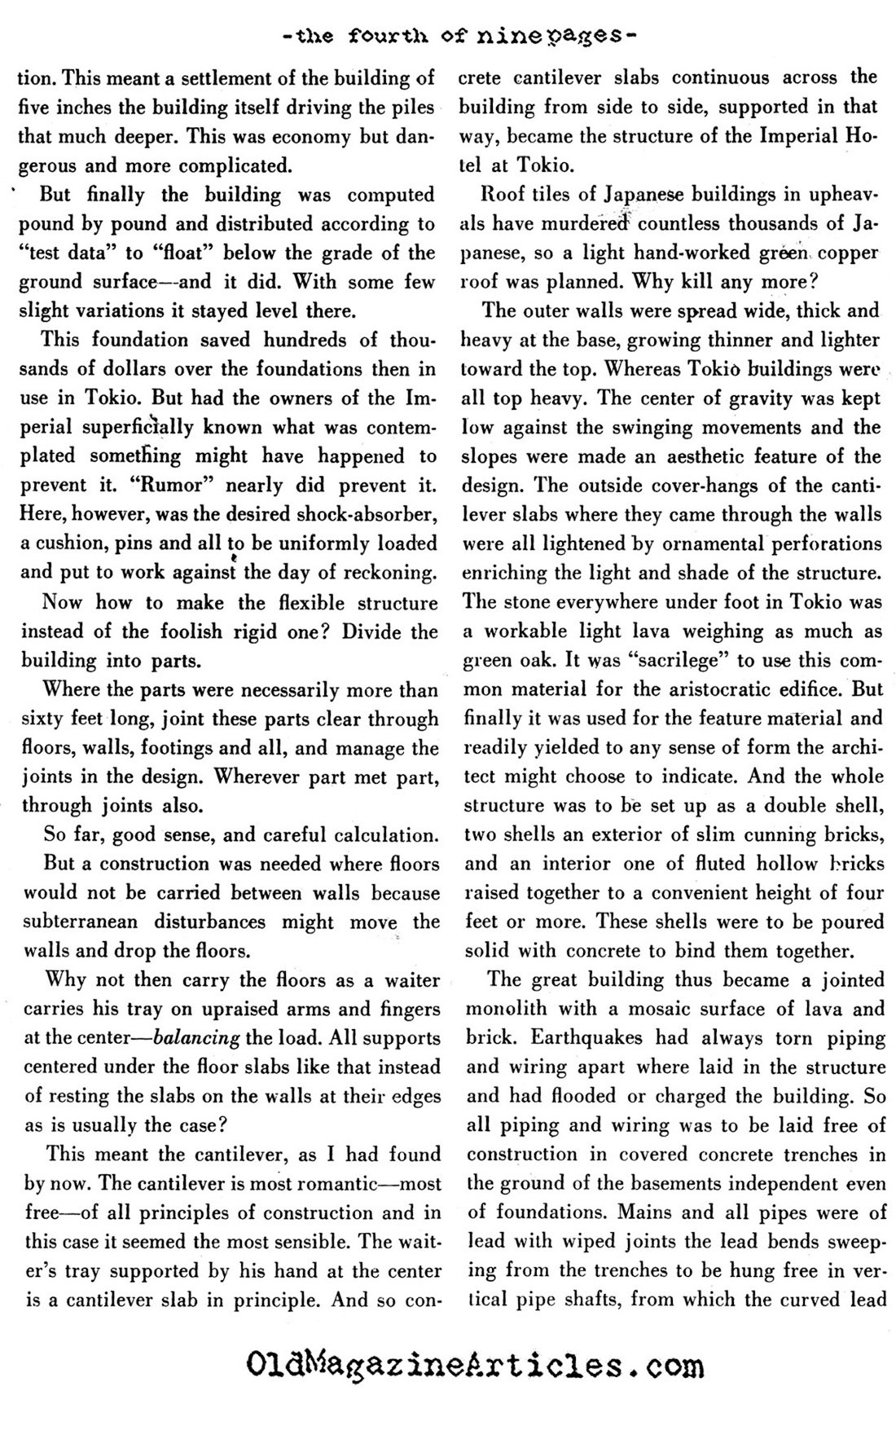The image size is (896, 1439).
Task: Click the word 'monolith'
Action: pyautogui.click(x=506, y=1009)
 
